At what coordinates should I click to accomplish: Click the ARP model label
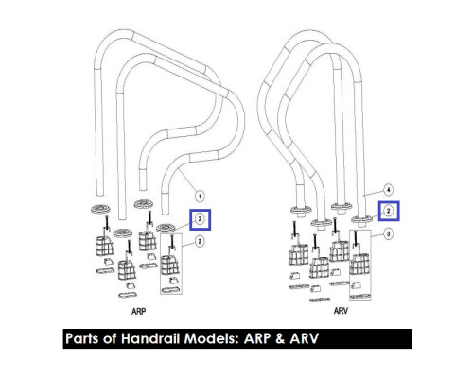(x=138, y=311)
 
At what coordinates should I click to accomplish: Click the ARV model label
(x=341, y=311)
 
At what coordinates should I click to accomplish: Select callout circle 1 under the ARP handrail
(x=200, y=196)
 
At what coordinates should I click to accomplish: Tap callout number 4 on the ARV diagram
(x=388, y=190)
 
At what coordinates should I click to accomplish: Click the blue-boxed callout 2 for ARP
(x=200, y=219)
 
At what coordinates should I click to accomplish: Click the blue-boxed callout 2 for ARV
(x=388, y=211)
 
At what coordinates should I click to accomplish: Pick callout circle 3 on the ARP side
(x=200, y=241)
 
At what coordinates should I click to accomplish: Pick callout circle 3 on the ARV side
(x=388, y=233)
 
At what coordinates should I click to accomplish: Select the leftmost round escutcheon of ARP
(x=101, y=209)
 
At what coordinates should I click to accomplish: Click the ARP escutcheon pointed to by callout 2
(x=166, y=228)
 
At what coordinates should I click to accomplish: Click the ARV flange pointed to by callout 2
(x=362, y=219)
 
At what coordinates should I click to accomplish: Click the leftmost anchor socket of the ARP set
(x=104, y=246)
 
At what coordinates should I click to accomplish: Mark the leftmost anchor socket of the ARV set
(x=298, y=254)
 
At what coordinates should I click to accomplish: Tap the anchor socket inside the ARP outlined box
(x=170, y=265)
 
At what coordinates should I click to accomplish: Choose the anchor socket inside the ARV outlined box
(x=359, y=264)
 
